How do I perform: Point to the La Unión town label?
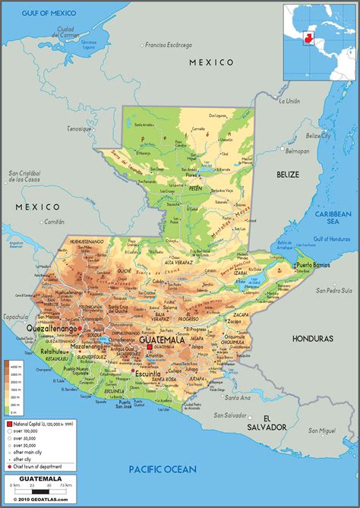point(289,101)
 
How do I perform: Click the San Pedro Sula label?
point(333,290)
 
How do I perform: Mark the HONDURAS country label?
point(313,338)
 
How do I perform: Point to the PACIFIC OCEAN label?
point(162,469)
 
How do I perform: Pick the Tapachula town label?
point(14,317)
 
